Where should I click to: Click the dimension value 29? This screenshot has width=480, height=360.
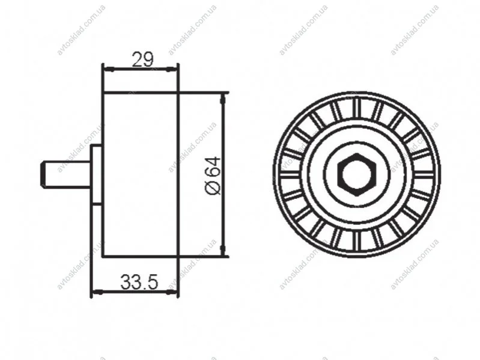click(x=142, y=59)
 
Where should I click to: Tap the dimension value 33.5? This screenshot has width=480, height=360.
click(x=139, y=282)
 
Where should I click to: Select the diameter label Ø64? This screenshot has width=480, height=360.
click(x=213, y=175)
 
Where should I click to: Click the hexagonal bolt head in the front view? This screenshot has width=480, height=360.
click(x=356, y=175)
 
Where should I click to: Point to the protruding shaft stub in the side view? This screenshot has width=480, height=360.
click(x=65, y=174)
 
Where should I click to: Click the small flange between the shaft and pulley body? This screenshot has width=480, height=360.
click(x=96, y=174)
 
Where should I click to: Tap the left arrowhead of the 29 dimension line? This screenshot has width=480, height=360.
click(x=109, y=70)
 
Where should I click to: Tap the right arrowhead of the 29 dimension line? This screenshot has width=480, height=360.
click(x=172, y=70)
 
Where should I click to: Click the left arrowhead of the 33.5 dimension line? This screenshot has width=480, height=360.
click(x=97, y=292)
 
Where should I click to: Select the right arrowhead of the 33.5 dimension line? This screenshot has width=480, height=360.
click(x=172, y=292)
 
